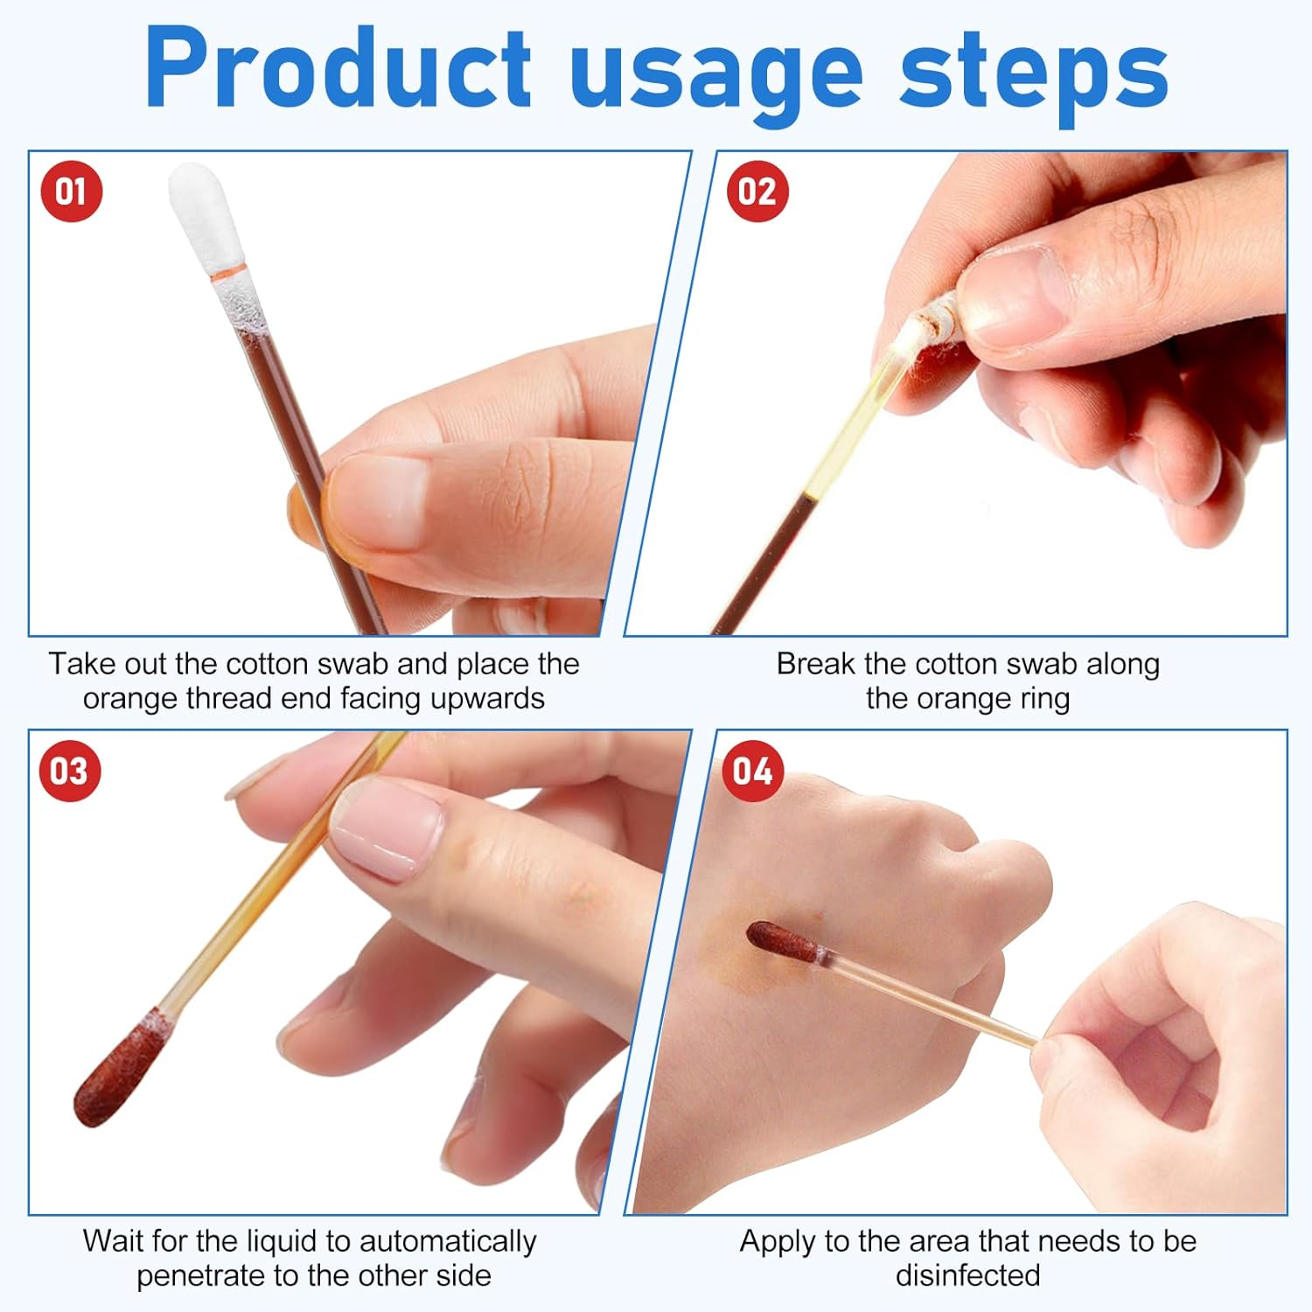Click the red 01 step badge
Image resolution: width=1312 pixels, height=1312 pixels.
point(72,192)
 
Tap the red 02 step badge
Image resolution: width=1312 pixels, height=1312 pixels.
point(757,192)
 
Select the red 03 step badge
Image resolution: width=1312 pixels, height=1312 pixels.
point(70,771)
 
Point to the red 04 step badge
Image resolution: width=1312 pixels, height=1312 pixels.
point(753,771)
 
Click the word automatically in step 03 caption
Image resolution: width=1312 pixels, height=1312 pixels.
point(448,1242)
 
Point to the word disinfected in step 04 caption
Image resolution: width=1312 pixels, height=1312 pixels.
point(967,1276)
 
